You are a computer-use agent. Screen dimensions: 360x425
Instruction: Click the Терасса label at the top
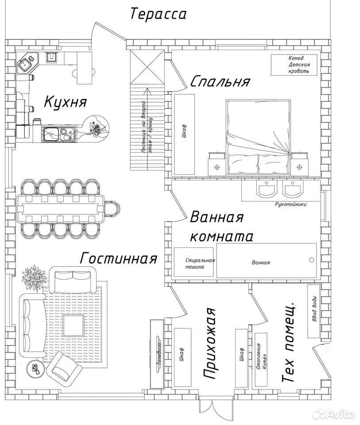(159, 14)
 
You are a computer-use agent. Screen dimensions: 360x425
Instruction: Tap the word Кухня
(66, 102)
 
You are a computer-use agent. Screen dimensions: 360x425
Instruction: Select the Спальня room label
(220, 81)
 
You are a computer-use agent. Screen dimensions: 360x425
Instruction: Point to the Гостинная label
(119, 258)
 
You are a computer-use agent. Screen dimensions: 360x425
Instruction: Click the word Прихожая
(209, 344)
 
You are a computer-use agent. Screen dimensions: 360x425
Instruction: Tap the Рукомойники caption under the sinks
(290, 205)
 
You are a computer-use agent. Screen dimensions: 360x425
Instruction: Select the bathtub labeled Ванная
(267, 260)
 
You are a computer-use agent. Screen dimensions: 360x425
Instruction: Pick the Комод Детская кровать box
(294, 65)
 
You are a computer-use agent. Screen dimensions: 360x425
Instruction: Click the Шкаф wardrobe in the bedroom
(184, 135)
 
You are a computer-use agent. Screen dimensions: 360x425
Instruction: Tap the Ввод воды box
(314, 311)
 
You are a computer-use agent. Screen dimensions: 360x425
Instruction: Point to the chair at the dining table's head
(112, 209)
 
